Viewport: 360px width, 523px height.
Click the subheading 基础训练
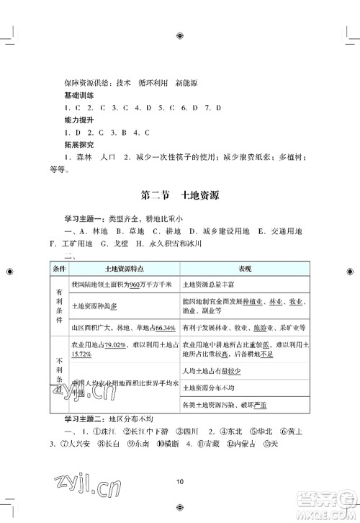[x=80, y=95]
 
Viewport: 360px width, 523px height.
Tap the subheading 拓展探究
[x=80, y=146]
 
